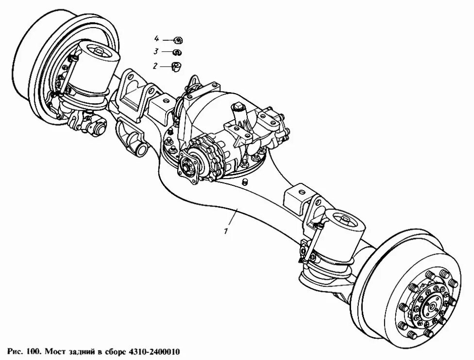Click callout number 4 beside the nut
[x=156, y=38]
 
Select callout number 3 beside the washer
[x=156, y=51]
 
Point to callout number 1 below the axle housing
[x=226, y=231]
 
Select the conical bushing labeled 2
[x=177, y=66]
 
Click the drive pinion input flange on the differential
[x=188, y=167]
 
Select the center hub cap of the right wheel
[x=430, y=307]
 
